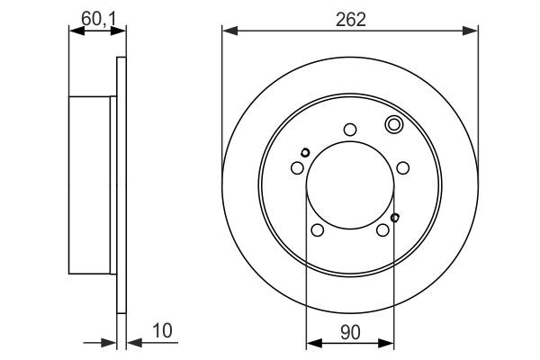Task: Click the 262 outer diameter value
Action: coord(350,20)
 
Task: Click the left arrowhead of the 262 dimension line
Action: coord(228,32)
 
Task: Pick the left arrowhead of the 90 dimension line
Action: coord(311,341)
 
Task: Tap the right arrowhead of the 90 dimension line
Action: coord(391,341)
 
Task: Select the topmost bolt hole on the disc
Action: coord(350,129)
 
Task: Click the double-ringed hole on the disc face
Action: coord(393,124)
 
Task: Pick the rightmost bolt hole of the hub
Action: coord(403,167)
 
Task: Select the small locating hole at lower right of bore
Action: coord(396,217)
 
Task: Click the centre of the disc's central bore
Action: coord(350,184)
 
